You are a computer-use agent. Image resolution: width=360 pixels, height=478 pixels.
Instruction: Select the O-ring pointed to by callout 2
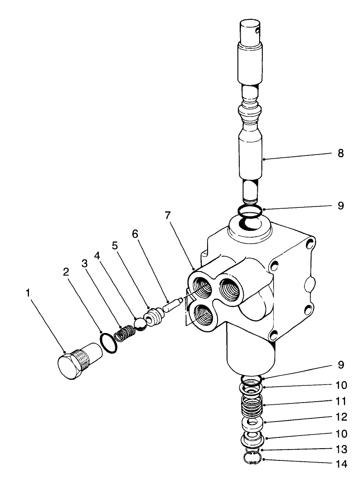click(108, 342)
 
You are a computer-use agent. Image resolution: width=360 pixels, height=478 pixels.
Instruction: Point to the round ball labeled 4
click(140, 323)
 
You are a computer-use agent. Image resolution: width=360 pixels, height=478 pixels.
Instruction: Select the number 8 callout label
click(340, 154)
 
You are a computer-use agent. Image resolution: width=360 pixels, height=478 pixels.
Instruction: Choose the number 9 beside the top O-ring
click(340, 206)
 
